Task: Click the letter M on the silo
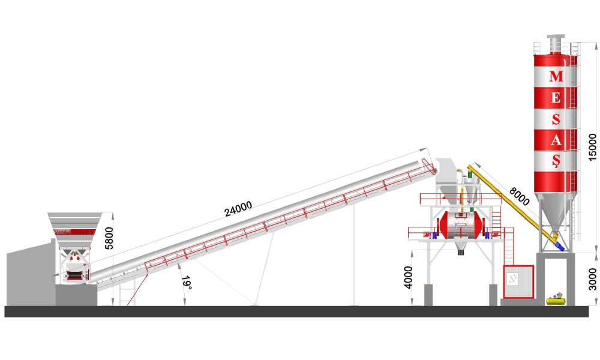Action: coord(556,76)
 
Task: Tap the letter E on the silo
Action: coord(556,98)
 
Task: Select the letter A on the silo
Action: coord(556,140)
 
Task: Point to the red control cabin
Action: coord(518,281)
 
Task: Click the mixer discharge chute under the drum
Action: coord(461,248)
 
